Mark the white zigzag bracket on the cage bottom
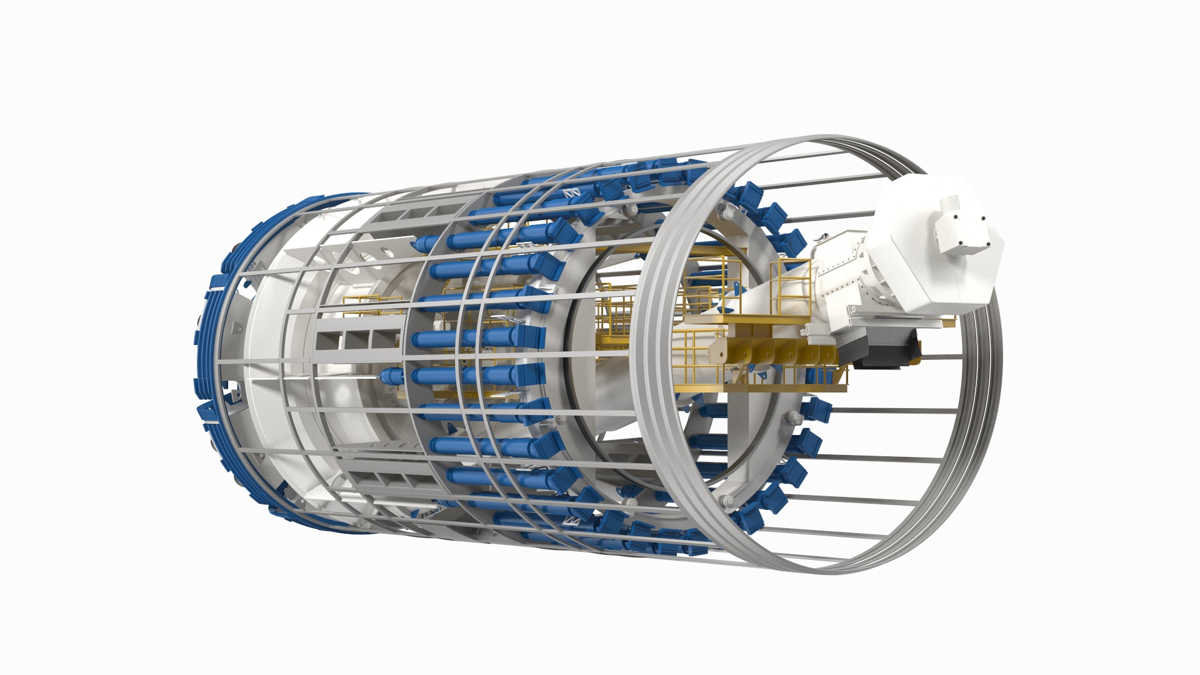pos(572,521)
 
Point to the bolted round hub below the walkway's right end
pos(792,417)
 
